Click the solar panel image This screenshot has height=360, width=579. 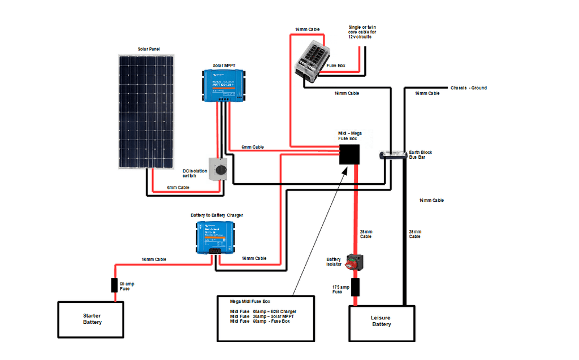(x=146, y=111)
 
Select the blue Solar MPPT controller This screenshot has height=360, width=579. (x=225, y=85)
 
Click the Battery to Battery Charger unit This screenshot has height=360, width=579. (x=215, y=237)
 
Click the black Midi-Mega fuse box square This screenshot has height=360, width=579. (x=350, y=154)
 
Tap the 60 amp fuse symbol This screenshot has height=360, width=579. (x=114, y=285)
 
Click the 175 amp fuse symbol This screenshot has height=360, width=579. (x=356, y=287)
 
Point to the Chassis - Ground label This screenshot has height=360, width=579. (x=468, y=88)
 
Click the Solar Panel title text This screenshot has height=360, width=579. (x=149, y=49)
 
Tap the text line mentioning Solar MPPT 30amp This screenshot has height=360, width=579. (x=262, y=316)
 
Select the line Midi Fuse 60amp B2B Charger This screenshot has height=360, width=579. (x=262, y=311)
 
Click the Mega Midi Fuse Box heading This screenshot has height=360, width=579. (x=250, y=301)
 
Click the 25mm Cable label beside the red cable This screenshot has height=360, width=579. (x=366, y=234)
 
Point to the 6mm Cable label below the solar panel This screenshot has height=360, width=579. (x=178, y=187)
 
